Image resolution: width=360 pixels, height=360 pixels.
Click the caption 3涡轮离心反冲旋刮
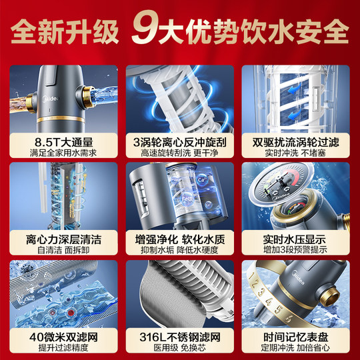coord(180,142)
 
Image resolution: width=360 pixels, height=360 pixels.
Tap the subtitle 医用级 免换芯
coord(180,346)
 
